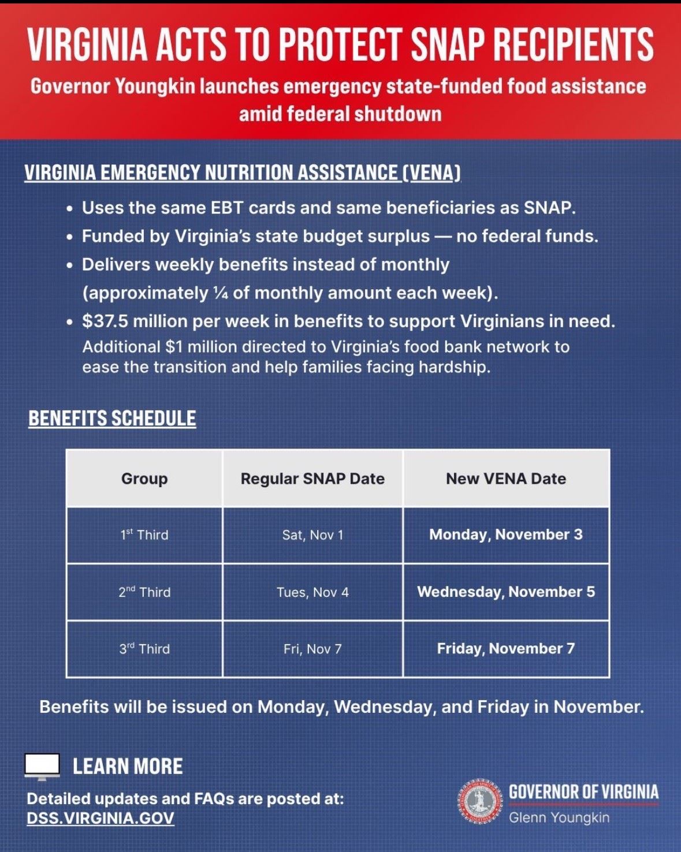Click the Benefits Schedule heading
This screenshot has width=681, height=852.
click(x=112, y=418)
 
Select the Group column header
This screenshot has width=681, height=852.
click(x=144, y=479)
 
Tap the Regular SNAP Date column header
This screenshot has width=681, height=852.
click(x=312, y=479)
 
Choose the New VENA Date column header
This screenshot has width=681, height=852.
click(x=506, y=479)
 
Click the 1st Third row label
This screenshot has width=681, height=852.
click(x=144, y=535)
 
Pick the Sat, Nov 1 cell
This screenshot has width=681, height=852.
click(x=312, y=535)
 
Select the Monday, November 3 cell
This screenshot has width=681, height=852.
click(x=506, y=535)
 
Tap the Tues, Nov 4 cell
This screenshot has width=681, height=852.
click(x=312, y=592)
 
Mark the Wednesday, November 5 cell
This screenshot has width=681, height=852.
click(x=506, y=592)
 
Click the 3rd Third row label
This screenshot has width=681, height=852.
click(x=144, y=649)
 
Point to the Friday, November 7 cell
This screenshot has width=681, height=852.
click(x=506, y=648)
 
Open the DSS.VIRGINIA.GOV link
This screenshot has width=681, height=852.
click(x=101, y=819)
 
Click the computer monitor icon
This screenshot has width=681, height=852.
click(x=43, y=767)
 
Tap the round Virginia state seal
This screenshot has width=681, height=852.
click(x=479, y=802)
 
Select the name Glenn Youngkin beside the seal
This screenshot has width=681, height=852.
click(x=559, y=817)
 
